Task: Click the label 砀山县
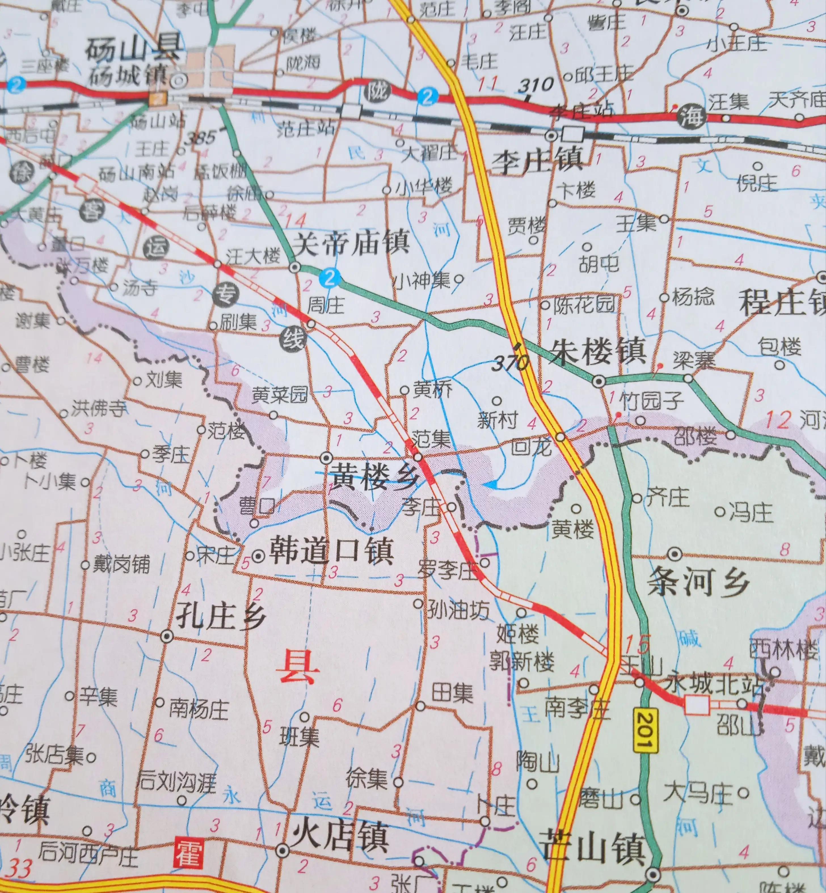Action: click(133, 48)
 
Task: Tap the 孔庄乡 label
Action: click(221, 617)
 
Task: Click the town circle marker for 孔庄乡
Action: click(167, 636)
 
